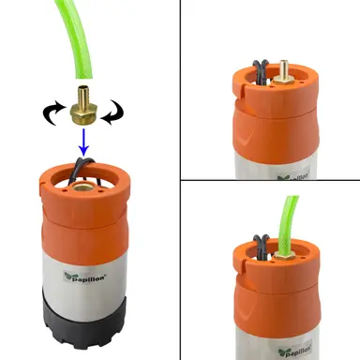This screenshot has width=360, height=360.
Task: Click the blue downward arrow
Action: (x=83, y=142)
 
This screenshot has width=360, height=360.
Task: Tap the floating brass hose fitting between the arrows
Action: (x=83, y=106)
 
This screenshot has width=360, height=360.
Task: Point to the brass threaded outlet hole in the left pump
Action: (x=82, y=187)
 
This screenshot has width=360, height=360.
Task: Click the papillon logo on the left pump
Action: (x=84, y=277)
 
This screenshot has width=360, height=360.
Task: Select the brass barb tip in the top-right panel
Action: (x=283, y=67)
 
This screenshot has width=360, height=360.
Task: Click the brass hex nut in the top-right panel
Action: (x=282, y=81)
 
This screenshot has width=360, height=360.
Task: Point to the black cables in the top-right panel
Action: (x=262, y=72)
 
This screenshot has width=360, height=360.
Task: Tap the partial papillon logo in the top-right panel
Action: (x=293, y=176)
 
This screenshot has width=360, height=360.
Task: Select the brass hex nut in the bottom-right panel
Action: (x=285, y=257)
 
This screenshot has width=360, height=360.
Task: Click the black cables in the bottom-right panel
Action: (x=262, y=247)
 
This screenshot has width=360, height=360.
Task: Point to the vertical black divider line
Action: (x=180, y=180)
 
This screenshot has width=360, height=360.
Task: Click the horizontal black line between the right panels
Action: (x=270, y=180)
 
